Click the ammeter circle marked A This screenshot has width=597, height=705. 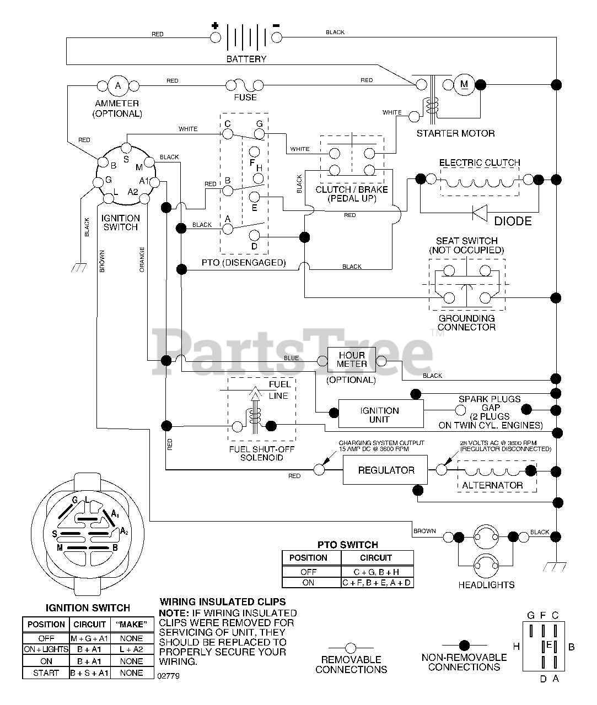click(118, 85)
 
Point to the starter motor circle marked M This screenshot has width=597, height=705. click(464, 85)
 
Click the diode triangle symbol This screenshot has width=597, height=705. click(480, 213)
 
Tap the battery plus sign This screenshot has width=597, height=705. click(214, 25)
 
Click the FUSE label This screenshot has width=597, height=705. click(245, 97)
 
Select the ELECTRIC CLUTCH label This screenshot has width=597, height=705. click(480, 162)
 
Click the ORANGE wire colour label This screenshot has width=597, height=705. click(142, 259)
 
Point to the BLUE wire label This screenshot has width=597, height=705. click(291, 358)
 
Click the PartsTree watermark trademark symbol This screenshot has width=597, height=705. click(437, 333)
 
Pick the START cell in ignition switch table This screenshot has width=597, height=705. click(46, 673)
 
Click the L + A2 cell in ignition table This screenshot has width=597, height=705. click(131, 649)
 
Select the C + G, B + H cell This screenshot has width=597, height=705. click(376, 572)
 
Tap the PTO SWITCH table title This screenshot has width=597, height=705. click(347, 545)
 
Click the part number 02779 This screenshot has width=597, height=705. click(168, 676)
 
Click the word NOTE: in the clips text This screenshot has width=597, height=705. click(174, 613)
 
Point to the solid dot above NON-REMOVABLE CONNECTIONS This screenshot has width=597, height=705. click(464, 646)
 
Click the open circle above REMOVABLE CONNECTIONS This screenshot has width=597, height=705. click(351, 648)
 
